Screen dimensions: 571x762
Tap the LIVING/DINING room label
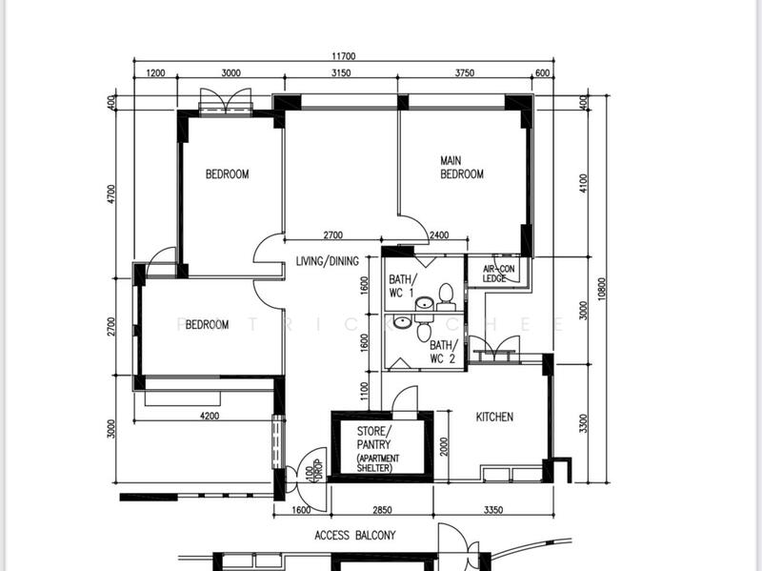coord(327,261)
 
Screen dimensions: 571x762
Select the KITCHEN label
coord(494,417)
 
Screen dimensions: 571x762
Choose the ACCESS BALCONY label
coord(354,535)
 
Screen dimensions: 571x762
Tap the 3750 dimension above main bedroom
coord(465,72)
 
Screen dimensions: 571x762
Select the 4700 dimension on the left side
coord(112,194)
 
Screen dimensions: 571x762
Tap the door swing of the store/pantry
coord(406,398)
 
